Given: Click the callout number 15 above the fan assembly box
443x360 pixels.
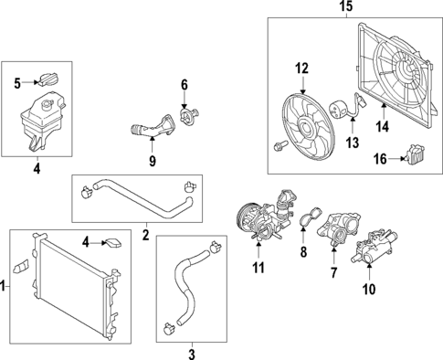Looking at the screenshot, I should click(344, 7).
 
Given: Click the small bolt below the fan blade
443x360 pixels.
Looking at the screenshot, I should click(280, 144).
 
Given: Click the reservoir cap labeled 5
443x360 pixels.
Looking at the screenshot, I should click(48, 81).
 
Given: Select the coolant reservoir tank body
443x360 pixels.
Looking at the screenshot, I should click(38, 119).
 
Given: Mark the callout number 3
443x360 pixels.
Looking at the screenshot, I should click(192, 353).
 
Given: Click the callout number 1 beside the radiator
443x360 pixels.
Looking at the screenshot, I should click(4, 287).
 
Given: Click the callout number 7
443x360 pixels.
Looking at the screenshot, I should click(333, 273).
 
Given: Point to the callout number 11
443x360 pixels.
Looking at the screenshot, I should click(258, 268).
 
